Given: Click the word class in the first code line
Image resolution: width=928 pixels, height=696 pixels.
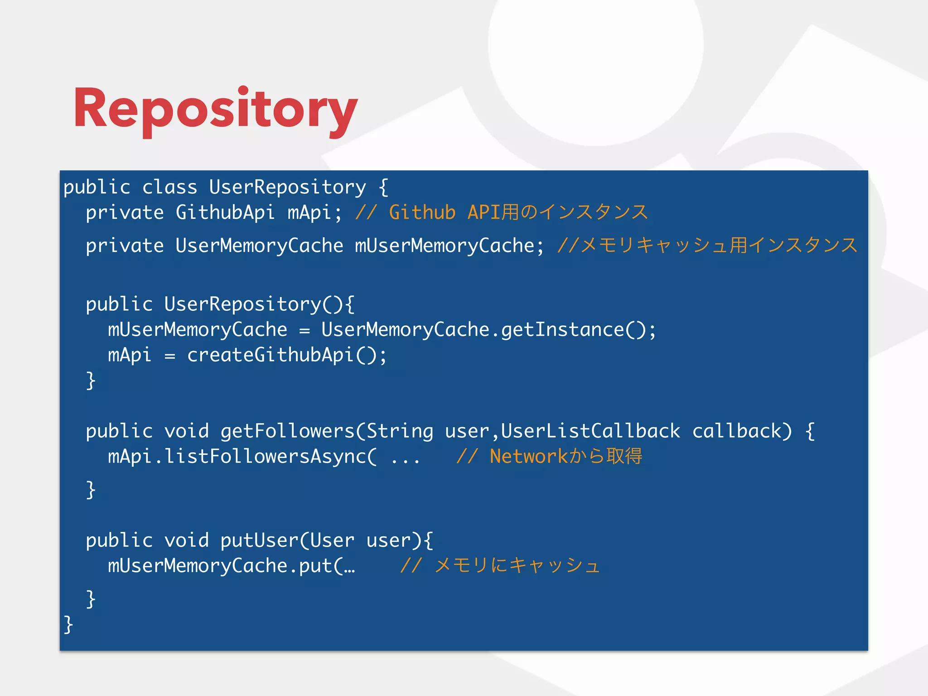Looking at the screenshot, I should tap(169, 187).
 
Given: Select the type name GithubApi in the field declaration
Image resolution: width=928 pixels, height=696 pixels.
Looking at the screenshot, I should tap(225, 213).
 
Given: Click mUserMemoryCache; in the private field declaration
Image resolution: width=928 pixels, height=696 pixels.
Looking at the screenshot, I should tap(449, 246).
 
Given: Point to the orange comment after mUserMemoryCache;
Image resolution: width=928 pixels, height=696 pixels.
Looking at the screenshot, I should tap(707, 246).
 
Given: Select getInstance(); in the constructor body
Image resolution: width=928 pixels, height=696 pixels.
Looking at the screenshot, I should tap(578, 329).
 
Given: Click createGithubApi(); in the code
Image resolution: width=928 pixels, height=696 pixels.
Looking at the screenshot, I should tap(287, 355).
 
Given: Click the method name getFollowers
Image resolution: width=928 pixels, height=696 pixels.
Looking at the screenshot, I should tap(287, 431).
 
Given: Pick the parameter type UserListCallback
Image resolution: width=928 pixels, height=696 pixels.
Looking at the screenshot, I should tap(590, 431).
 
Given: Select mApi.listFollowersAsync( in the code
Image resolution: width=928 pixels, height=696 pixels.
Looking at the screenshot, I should tap(242, 456).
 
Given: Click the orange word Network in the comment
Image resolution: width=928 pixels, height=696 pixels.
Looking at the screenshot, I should tap(528, 456).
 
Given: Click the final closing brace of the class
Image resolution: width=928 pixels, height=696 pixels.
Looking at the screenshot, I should tap(68, 624).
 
